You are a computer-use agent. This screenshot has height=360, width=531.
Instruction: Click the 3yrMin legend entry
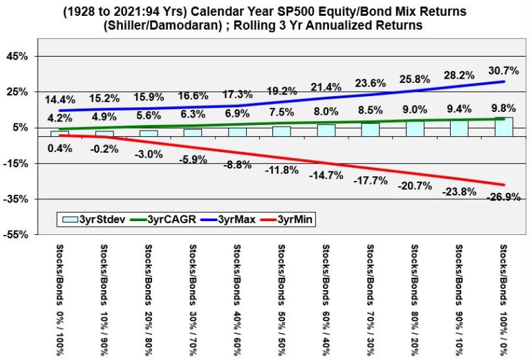point(295,219)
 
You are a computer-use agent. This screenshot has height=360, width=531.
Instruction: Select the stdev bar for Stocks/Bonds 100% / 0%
point(503,127)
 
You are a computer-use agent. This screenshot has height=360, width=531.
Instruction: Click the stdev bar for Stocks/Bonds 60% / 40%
point(326,130)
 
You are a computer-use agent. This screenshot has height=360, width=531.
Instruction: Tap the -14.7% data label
point(327,176)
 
